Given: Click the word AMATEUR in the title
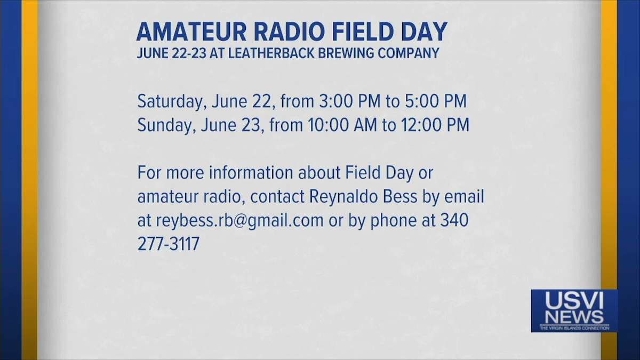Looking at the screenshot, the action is [x=191, y=31].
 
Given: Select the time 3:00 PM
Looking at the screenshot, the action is [x=350, y=101].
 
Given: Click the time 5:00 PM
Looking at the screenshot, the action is [x=436, y=101].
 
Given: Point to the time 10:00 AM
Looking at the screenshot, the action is [x=342, y=125].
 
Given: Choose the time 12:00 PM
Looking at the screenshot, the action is [x=435, y=125].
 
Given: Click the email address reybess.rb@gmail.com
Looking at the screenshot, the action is [x=239, y=221].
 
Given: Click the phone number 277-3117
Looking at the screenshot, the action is [x=169, y=244].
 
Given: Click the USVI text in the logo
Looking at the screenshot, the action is [x=574, y=301].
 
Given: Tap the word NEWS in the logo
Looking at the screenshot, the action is [x=574, y=317].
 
